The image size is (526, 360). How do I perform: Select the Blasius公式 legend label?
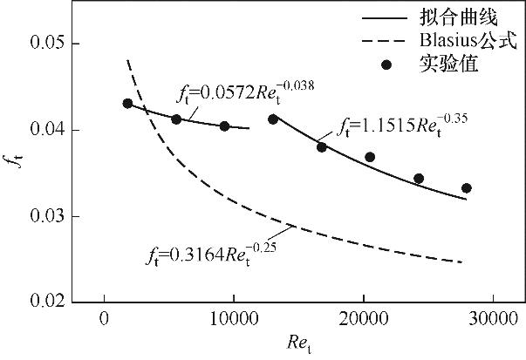(x=468, y=39)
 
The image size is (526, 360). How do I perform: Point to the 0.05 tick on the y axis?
(x=44, y=44)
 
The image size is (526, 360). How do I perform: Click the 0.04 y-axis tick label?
(x=44, y=131)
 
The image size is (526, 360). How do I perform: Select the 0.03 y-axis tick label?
(x=44, y=216)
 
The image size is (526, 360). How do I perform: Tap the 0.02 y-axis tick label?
(x=44, y=302)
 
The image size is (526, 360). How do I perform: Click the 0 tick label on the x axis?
(x=105, y=320)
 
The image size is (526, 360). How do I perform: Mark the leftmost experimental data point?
(x=127, y=104)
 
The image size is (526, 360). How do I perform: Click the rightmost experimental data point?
(x=466, y=188)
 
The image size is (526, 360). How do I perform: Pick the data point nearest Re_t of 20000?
(x=369, y=157)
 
